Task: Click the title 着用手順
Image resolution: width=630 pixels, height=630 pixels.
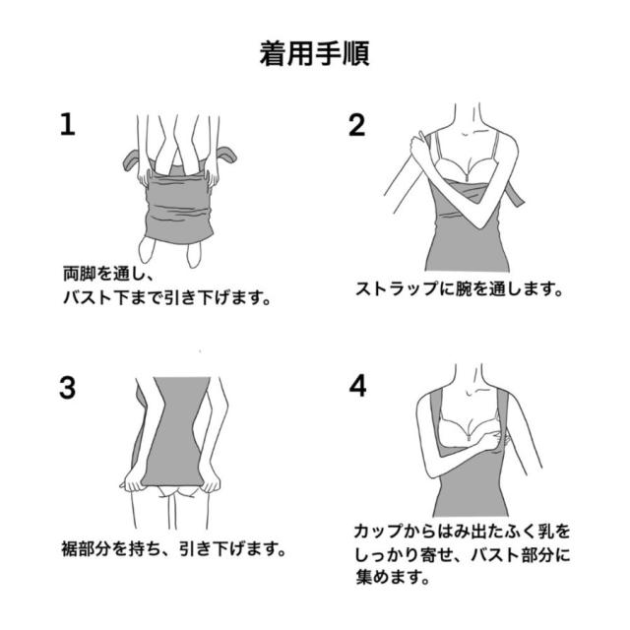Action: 314,51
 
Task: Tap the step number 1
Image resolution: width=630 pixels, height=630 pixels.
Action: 67,124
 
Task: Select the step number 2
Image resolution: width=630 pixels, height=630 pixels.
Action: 356,124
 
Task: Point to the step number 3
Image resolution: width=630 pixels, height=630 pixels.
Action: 67,387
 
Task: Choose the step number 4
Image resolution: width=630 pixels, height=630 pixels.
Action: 356,387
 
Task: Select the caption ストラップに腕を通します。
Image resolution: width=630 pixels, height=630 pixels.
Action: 458,290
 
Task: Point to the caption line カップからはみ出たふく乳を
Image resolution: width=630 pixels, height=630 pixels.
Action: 462,532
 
